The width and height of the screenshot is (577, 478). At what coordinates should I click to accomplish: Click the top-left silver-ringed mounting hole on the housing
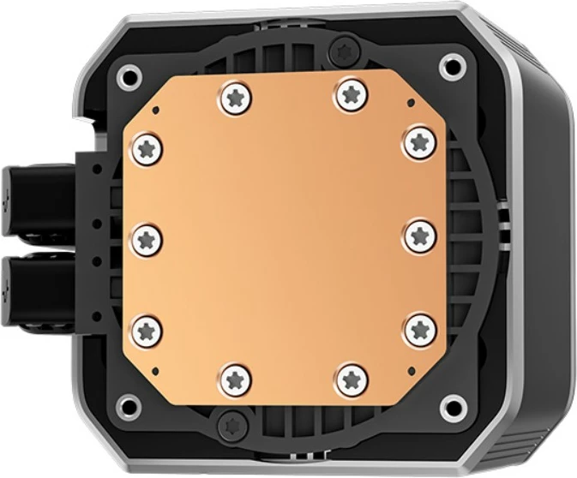[127, 72]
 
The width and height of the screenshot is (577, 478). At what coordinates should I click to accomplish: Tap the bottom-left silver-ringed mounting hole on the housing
[129, 404]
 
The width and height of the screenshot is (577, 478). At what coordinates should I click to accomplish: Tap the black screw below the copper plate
[230, 420]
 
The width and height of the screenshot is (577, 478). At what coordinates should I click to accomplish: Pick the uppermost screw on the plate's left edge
[147, 148]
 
